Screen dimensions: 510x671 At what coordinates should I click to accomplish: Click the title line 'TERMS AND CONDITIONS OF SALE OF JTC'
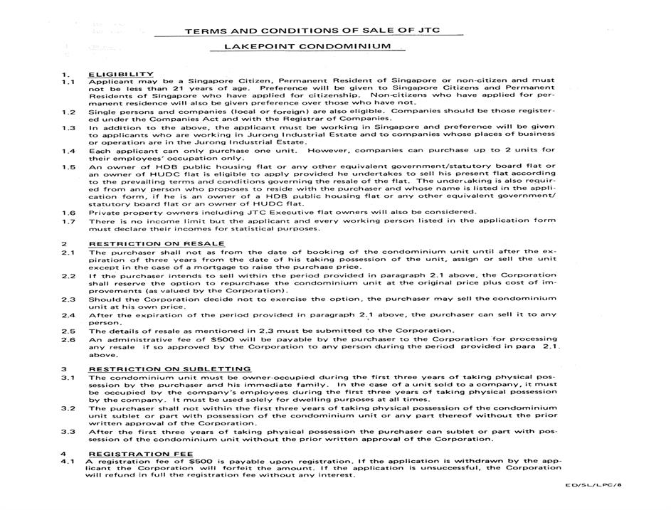tap(324, 31)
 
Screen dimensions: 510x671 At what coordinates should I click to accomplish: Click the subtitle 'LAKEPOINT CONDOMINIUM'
tap(307, 47)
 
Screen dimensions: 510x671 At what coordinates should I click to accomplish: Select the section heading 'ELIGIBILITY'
tap(120, 74)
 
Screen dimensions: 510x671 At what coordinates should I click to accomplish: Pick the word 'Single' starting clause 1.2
tap(104, 112)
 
